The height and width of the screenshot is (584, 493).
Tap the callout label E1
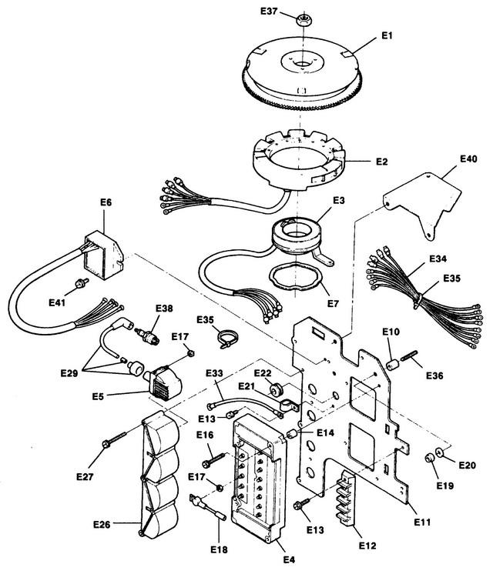[387, 35]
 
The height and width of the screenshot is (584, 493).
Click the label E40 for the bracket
[468, 159]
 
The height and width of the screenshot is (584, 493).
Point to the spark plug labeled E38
[147, 335]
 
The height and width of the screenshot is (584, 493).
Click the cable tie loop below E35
[226, 339]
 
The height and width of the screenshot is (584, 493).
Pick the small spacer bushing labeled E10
[391, 365]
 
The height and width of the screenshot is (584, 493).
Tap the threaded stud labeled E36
[410, 356]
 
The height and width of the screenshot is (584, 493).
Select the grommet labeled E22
[276, 390]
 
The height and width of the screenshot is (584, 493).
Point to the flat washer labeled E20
[439, 452]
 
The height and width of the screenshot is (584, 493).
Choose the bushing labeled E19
[429, 458]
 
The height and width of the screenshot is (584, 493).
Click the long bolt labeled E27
[116, 438]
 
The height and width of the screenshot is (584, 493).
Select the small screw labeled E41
[82, 283]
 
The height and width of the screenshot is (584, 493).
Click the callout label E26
[102, 525]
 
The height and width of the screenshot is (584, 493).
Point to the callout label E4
[289, 559]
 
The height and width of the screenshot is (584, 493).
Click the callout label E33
[214, 373]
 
